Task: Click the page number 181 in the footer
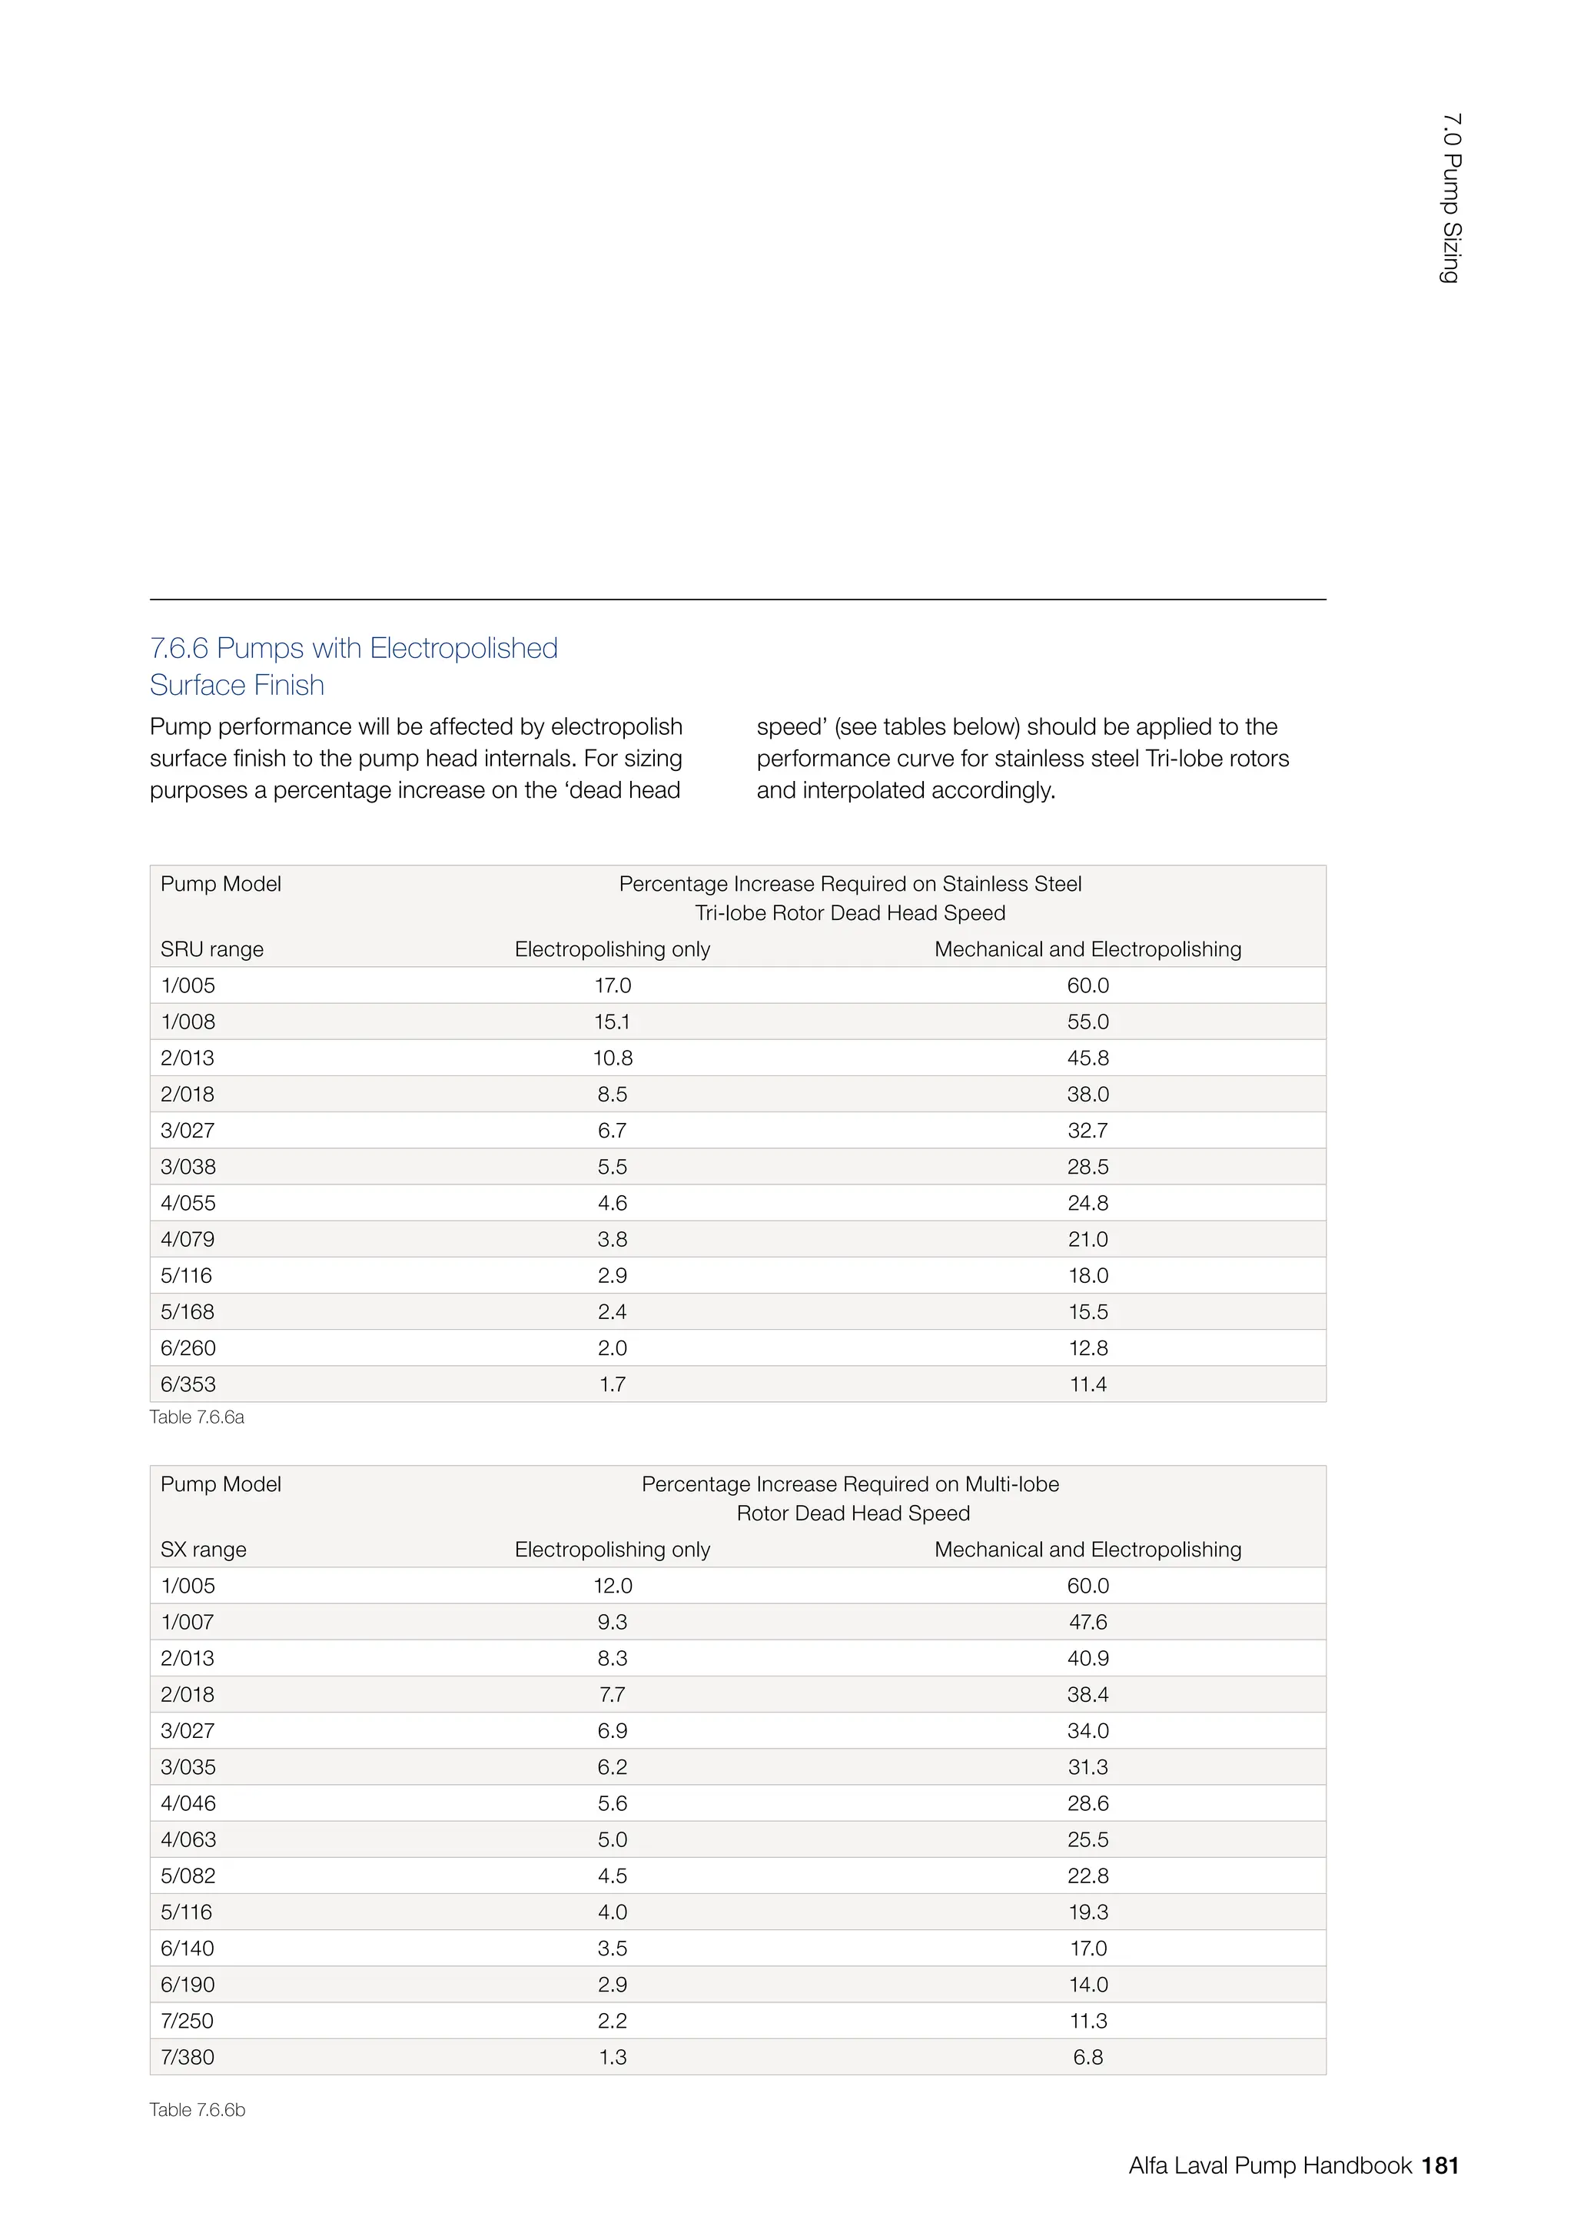pos(1440,2166)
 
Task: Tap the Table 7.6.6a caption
pos(197,1417)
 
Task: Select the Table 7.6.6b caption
pos(197,2110)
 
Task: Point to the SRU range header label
pos(211,949)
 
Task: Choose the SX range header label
pos(203,1550)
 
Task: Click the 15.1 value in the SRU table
pos(612,1022)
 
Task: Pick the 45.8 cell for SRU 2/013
pos(1088,1058)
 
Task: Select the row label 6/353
pos(188,1384)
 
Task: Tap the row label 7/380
pos(187,2058)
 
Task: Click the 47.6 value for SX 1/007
pos(1088,1622)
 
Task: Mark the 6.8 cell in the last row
pos(1088,2058)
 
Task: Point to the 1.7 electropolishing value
pos(612,1384)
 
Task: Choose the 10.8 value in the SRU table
pos(613,1058)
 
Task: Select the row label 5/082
pos(188,1876)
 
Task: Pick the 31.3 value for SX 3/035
pos(1088,1767)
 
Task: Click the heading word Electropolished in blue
pos(463,648)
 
